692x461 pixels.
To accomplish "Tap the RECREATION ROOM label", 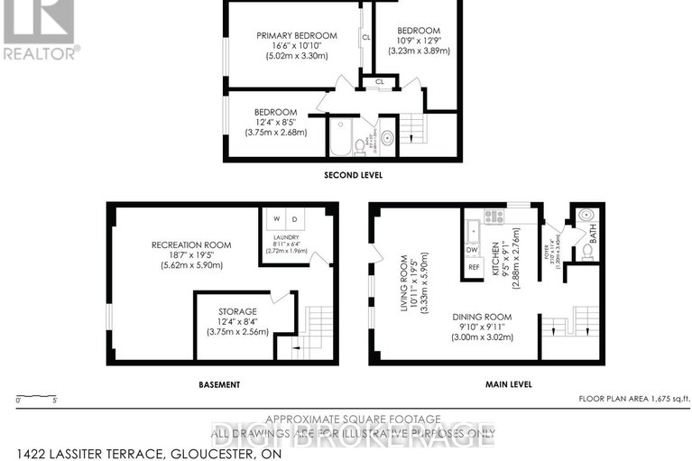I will click(190, 244).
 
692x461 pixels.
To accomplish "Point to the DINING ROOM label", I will click(482, 317).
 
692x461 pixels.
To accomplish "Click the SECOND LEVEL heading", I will click(349, 177).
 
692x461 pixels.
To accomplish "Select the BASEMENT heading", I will click(219, 384).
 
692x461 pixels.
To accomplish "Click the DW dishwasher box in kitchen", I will click(472, 249).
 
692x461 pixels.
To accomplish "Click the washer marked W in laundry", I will click(276, 219).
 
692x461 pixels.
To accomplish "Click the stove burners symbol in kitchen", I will click(494, 217).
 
